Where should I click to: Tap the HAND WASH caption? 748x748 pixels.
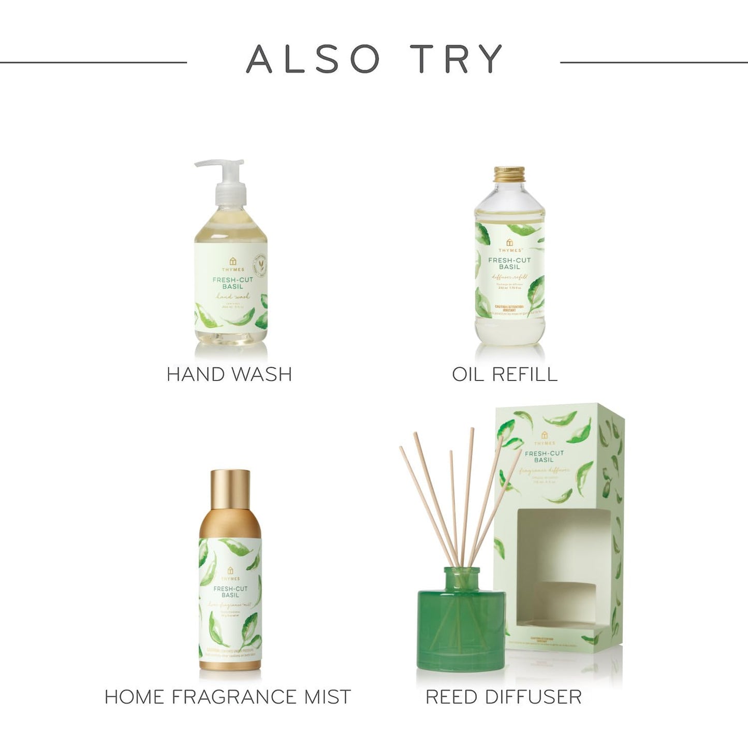point(229,374)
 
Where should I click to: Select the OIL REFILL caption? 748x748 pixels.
point(505,374)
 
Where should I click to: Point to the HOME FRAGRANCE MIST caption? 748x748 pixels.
point(228,697)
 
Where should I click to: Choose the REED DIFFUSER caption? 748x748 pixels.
point(504,697)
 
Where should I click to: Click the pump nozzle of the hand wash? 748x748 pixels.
point(207,165)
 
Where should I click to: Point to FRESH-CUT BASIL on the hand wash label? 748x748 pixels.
point(232,283)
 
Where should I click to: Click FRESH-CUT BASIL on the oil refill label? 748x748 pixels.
point(509,263)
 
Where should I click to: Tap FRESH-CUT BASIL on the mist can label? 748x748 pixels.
point(230,592)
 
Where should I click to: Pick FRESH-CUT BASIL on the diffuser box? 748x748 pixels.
point(544,457)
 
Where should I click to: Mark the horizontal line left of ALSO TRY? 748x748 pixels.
point(93,63)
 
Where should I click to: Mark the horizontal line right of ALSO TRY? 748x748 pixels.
point(654,63)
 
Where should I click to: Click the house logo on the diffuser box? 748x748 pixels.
point(544,434)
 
